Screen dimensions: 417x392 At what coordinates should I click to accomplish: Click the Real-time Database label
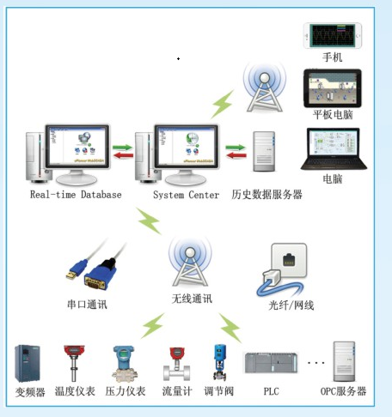[x=76, y=195]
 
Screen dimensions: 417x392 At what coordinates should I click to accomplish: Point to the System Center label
[x=186, y=195]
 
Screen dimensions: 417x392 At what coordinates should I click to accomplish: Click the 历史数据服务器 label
[x=266, y=195]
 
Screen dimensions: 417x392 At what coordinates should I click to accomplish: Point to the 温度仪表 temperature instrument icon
[x=73, y=363]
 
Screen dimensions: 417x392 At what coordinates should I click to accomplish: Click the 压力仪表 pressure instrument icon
[x=123, y=363]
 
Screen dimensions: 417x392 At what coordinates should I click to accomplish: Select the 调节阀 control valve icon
[x=219, y=363]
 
